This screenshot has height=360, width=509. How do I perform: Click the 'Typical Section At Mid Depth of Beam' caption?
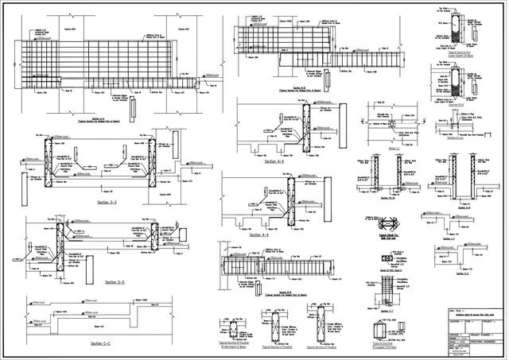click(231, 347)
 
